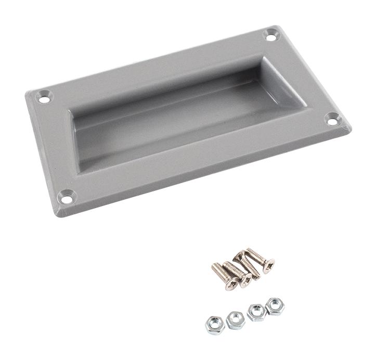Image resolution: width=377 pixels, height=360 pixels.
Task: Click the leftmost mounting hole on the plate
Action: point(44,97)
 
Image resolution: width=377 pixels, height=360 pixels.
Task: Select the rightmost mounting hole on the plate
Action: point(332,119)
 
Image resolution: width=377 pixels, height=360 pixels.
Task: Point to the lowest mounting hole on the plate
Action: point(66,196)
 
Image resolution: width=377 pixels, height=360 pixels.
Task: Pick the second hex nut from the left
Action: point(236,319)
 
